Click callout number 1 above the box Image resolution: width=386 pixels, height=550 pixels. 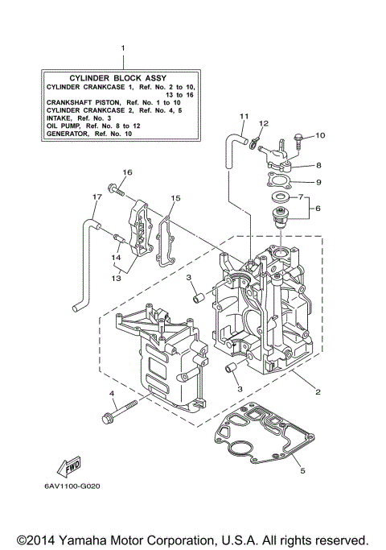pos(122,48)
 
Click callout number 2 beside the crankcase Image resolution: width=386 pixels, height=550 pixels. pos(318,392)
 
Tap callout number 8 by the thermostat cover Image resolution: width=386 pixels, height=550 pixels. pos(318,164)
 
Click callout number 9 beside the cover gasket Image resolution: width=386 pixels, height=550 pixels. pos(318,182)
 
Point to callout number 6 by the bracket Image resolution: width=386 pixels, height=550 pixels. pos(318,207)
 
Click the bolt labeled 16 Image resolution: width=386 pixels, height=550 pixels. pos(119,190)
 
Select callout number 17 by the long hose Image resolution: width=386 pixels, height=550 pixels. pos(96,197)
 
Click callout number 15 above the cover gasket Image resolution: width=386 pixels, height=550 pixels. pos(176,197)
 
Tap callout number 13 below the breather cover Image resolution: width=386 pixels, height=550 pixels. pos(117,278)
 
